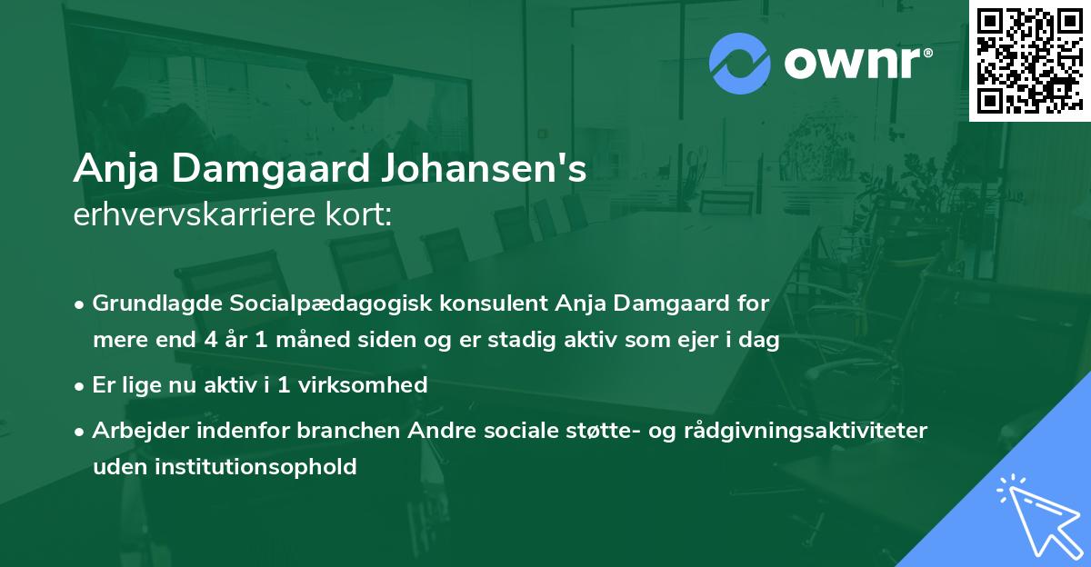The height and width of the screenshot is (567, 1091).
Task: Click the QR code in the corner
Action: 1029,60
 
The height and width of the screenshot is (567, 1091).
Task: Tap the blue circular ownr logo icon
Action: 739,63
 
